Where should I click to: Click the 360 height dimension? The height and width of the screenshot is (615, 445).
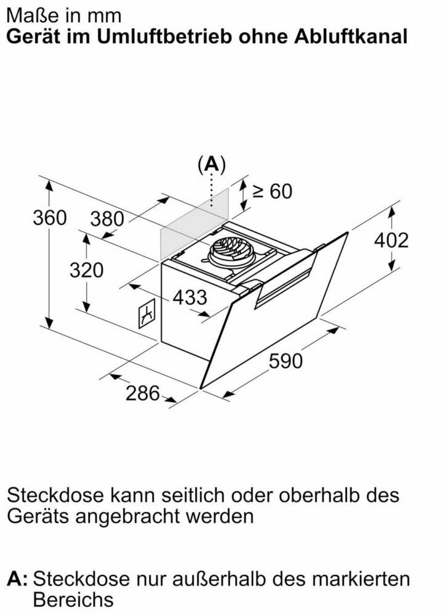(x=49, y=218)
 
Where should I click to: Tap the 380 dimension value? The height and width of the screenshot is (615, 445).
(x=106, y=219)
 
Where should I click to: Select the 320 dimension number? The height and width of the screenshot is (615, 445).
(x=86, y=270)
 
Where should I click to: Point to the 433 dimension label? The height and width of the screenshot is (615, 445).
(x=190, y=297)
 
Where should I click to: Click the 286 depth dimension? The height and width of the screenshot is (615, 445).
(x=143, y=393)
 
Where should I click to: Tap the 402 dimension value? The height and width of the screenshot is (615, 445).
(x=391, y=240)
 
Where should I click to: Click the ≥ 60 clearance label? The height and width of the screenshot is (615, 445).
(x=272, y=191)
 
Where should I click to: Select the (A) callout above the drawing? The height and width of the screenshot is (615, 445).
(x=212, y=165)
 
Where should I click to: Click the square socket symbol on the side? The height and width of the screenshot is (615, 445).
(x=146, y=314)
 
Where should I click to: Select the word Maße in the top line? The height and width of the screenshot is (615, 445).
(x=33, y=16)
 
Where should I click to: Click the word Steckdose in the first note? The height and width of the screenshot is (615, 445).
(x=55, y=495)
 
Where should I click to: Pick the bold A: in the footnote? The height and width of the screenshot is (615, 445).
(x=18, y=579)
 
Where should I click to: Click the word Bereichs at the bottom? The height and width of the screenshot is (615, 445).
(x=73, y=600)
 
